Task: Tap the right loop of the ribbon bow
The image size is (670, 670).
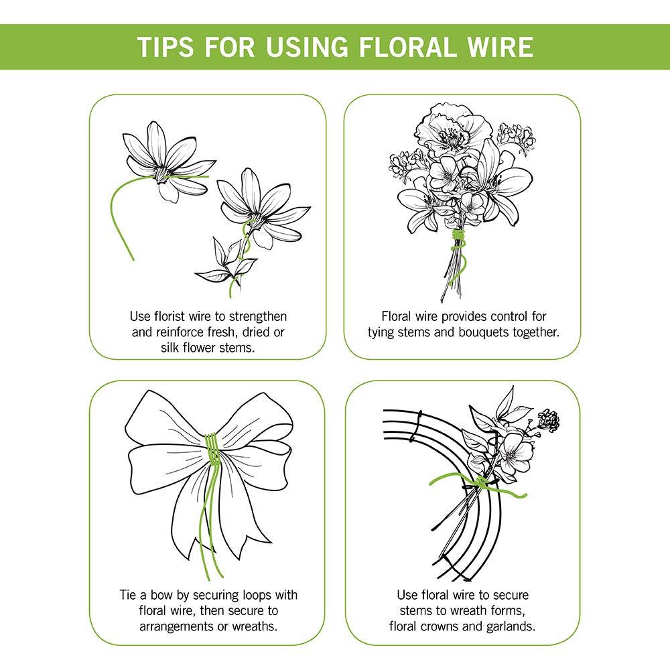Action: tap(258, 435)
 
